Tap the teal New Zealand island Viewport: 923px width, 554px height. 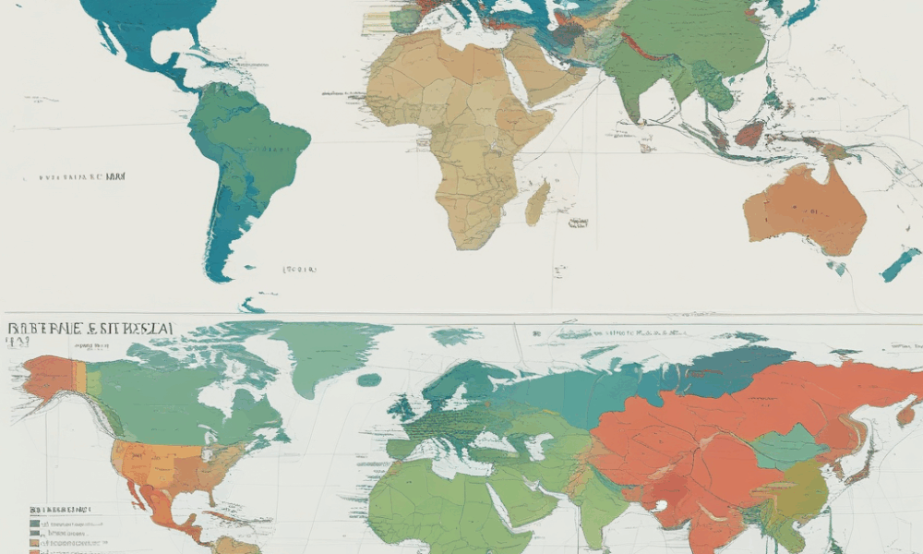coord(900,265)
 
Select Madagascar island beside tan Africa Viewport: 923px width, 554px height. coord(537,203)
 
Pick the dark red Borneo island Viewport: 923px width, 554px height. coord(749,135)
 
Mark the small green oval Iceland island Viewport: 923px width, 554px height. coord(369,379)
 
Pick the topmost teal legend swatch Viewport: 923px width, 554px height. coord(34,524)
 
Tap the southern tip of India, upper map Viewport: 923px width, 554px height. coord(634,118)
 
